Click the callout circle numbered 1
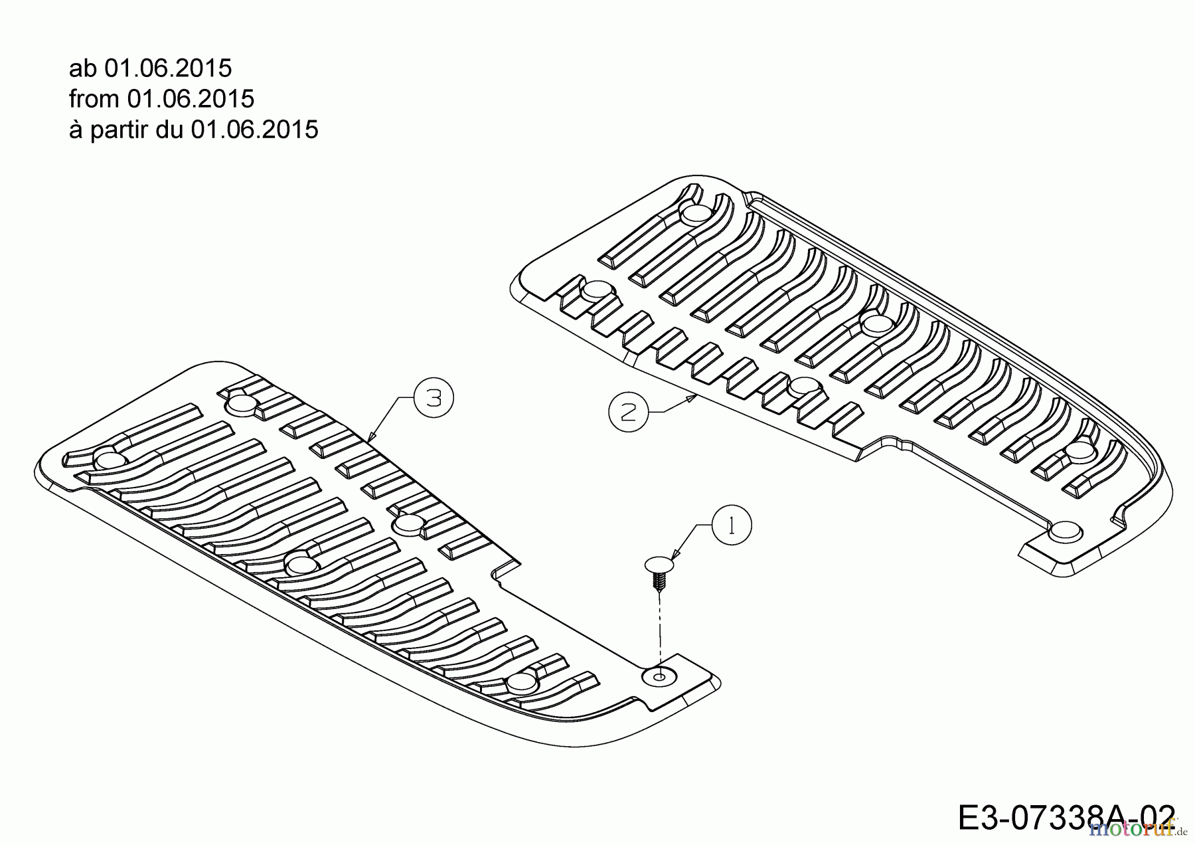click(x=732, y=525)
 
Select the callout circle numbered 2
click(x=628, y=412)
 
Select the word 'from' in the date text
click(x=94, y=99)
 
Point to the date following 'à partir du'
click(x=254, y=130)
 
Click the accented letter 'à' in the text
click(x=75, y=130)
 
